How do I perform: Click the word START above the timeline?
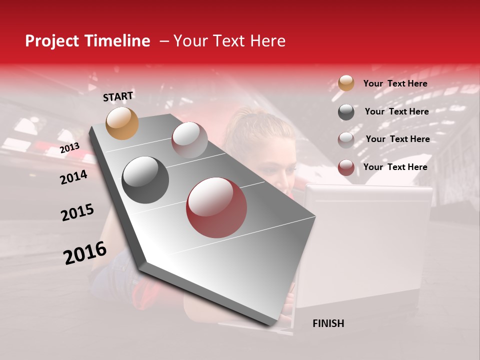118,96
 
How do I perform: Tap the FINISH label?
328,323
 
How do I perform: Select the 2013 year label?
69,148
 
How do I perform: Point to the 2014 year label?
73,177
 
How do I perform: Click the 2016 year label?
85,252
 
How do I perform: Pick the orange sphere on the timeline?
122,123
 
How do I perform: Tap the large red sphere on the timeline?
216,207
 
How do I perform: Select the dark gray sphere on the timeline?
145,180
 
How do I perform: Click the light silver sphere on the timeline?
189,140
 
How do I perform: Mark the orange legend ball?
346,83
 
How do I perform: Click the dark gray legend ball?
346,112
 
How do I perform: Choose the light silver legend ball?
346,140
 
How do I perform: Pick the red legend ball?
346,167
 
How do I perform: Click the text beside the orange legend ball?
395,83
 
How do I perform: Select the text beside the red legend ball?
395,167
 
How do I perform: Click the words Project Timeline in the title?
87,41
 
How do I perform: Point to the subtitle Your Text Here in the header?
229,41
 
